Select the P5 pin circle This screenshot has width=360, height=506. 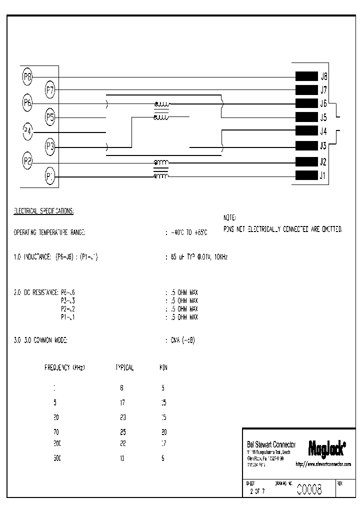point(50,117)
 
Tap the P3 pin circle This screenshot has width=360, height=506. point(50,147)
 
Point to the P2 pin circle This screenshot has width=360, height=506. point(27,161)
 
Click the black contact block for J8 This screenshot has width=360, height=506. point(306,76)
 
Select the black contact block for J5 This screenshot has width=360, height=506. point(306,117)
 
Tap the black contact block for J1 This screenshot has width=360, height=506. point(306,175)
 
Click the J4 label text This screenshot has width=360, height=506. point(323,132)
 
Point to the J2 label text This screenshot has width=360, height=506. point(323,161)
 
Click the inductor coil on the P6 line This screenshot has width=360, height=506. point(161,104)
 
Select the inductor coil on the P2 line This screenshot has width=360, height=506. point(161,162)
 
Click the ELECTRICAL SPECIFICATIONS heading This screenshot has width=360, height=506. point(43,211)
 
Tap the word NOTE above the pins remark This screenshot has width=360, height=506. point(229,218)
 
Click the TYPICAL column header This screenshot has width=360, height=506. point(124,367)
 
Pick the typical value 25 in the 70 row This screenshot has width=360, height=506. point(122,430)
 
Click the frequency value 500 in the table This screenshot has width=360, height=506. point(57,458)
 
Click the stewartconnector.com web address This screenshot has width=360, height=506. point(323,464)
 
